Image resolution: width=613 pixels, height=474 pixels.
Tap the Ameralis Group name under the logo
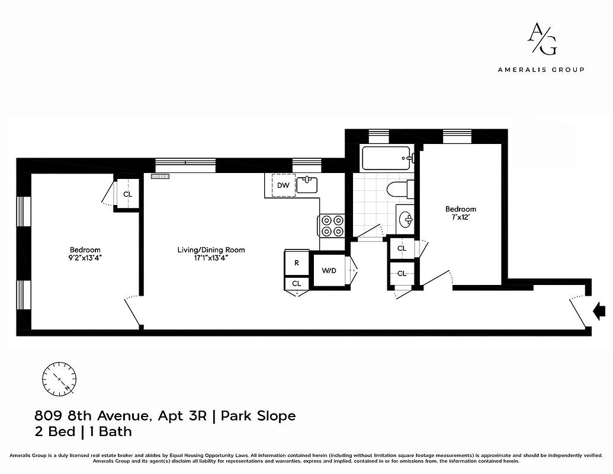(541, 69)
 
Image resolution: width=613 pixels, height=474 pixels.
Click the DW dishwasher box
(283, 185)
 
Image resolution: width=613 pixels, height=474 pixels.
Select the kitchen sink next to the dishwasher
(307, 185)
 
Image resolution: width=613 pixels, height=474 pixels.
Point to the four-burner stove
(332, 226)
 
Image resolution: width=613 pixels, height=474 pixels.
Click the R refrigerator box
(297, 262)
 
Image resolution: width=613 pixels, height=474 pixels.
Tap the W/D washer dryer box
(329, 271)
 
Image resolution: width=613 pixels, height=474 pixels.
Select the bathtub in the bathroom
(386, 159)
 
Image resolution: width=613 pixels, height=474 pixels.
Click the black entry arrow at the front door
(599, 309)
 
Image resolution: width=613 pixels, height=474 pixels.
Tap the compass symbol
(59, 378)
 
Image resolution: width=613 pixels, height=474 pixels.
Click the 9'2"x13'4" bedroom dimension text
(85, 258)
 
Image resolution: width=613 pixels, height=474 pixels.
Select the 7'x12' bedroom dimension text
(461, 217)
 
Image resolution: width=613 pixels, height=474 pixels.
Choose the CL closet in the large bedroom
(127, 194)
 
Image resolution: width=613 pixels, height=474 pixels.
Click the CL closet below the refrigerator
(296, 284)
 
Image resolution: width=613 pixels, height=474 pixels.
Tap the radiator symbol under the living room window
(160, 176)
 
